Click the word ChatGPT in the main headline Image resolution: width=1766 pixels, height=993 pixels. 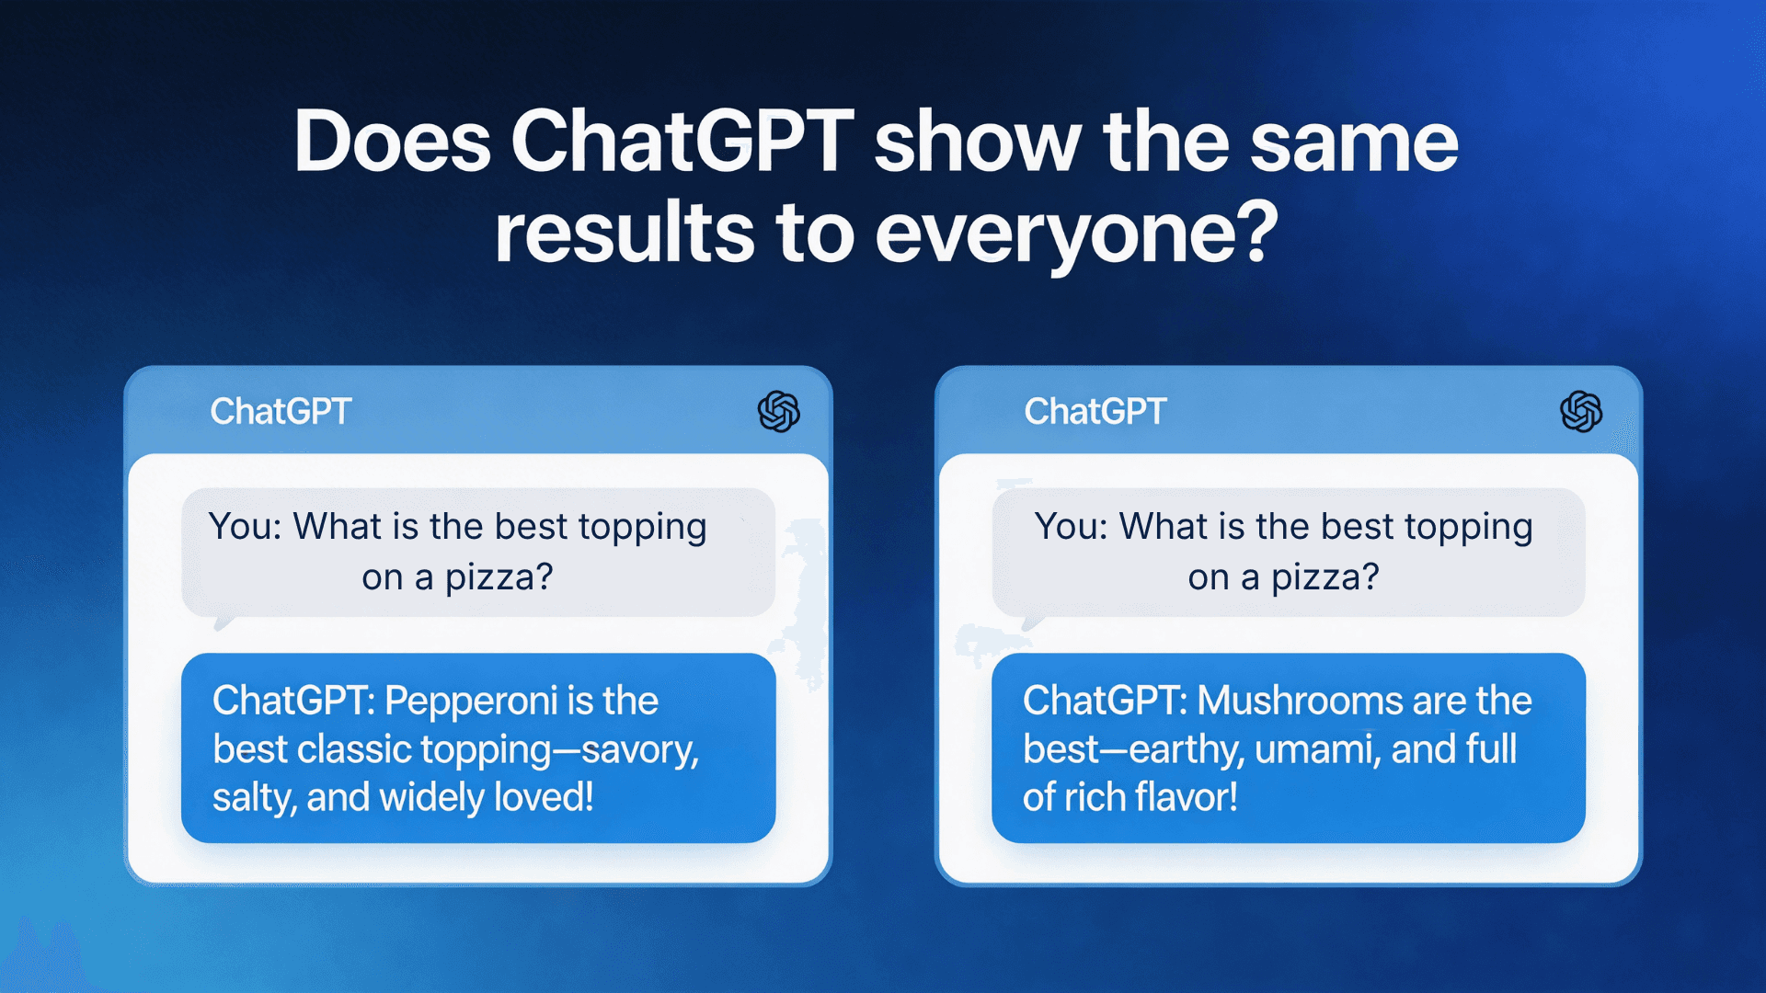[682, 143]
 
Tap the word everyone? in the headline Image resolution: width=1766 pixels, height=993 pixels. [1076, 234]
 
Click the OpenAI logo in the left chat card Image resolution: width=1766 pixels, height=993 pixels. [778, 411]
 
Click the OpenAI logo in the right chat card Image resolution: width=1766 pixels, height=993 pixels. [1581, 411]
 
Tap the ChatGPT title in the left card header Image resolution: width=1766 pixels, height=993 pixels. [281, 411]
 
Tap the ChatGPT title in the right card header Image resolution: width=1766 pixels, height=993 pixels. [1095, 411]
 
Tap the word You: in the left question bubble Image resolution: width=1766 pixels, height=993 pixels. [245, 527]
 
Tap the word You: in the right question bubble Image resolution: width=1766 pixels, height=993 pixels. [1071, 527]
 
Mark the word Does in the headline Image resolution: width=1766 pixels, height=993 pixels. [392, 143]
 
